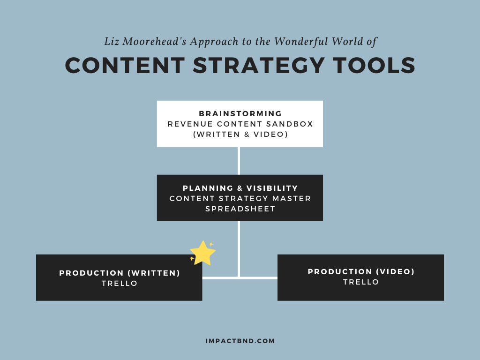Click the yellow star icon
pyautogui.click(x=202, y=253)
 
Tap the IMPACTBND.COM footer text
pyautogui.click(x=240, y=341)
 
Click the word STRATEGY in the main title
pyautogui.click(x=259, y=66)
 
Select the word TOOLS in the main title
pyautogui.click(x=374, y=66)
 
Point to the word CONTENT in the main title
pyautogui.click(x=125, y=66)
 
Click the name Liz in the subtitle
pyautogui.click(x=112, y=41)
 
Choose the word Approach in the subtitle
pyautogui.click(x=214, y=42)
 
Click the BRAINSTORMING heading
pyautogui.click(x=240, y=113)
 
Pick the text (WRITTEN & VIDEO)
pyautogui.click(x=240, y=135)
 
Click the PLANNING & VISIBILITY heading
pyautogui.click(x=240, y=188)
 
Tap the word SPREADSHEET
pyautogui.click(x=240, y=209)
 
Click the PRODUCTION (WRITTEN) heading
pyautogui.click(x=120, y=273)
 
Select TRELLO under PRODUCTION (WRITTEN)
pyautogui.click(x=120, y=284)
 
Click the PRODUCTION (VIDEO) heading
pyautogui.click(x=361, y=271)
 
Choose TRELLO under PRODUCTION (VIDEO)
pyautogui.click(x=361, y=282)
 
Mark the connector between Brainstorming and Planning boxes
pyautogui.click(x=239, y=161)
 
